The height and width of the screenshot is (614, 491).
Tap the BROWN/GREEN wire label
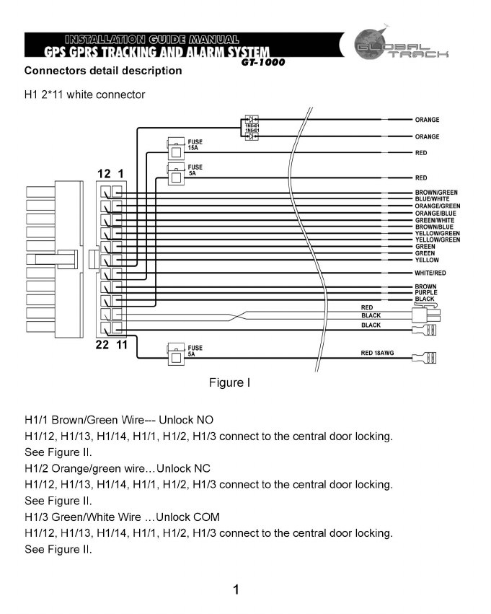[x=437, y=193]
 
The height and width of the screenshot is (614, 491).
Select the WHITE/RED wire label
[x=430, y=273]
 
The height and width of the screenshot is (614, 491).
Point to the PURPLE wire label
[x=425, y=292]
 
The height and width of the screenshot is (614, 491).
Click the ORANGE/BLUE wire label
[x=435, y=213]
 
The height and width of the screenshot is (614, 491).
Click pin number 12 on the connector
[x=104, y=174]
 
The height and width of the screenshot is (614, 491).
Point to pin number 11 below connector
[x=122, y=344]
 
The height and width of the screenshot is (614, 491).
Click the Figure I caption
[x=229, y=382]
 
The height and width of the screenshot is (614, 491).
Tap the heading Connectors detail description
[x=103, y=71]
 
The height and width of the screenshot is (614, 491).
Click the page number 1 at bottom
[x=236, y=590]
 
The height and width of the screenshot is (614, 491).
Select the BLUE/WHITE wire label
[x=433, y=199]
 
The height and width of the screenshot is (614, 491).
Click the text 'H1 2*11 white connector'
[x=84, y=95]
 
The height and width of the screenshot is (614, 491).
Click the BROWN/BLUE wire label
[x=434, y=227]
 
